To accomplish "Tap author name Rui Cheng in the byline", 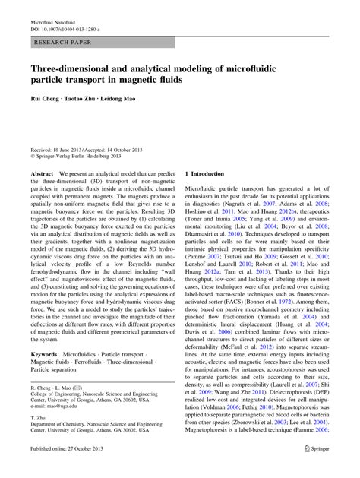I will [46, 100].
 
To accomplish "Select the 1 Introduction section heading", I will [205, 174].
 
